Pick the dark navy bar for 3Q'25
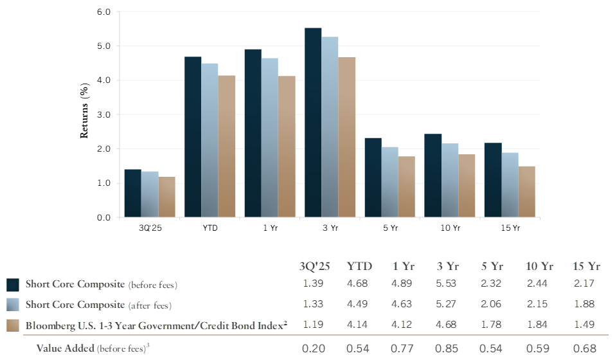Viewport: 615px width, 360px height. coord(132,194)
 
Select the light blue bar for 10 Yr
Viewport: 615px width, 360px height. coord(450,180)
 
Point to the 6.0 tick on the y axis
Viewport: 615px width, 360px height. coord(103,12)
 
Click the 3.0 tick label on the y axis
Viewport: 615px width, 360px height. coord(103,114)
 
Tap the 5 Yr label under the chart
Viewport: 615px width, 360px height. coord(389,228)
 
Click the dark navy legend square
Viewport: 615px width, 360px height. coord(13,284)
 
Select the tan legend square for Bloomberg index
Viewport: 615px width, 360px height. coord(13,326)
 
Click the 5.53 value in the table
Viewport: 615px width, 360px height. coord(447,283)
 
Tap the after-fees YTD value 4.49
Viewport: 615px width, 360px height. coord(359,305)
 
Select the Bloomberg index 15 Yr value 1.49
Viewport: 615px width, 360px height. coord(585,325)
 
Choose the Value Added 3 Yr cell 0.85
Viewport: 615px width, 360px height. coord(447,349)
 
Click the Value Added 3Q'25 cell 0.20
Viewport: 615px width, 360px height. coord(314,349)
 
